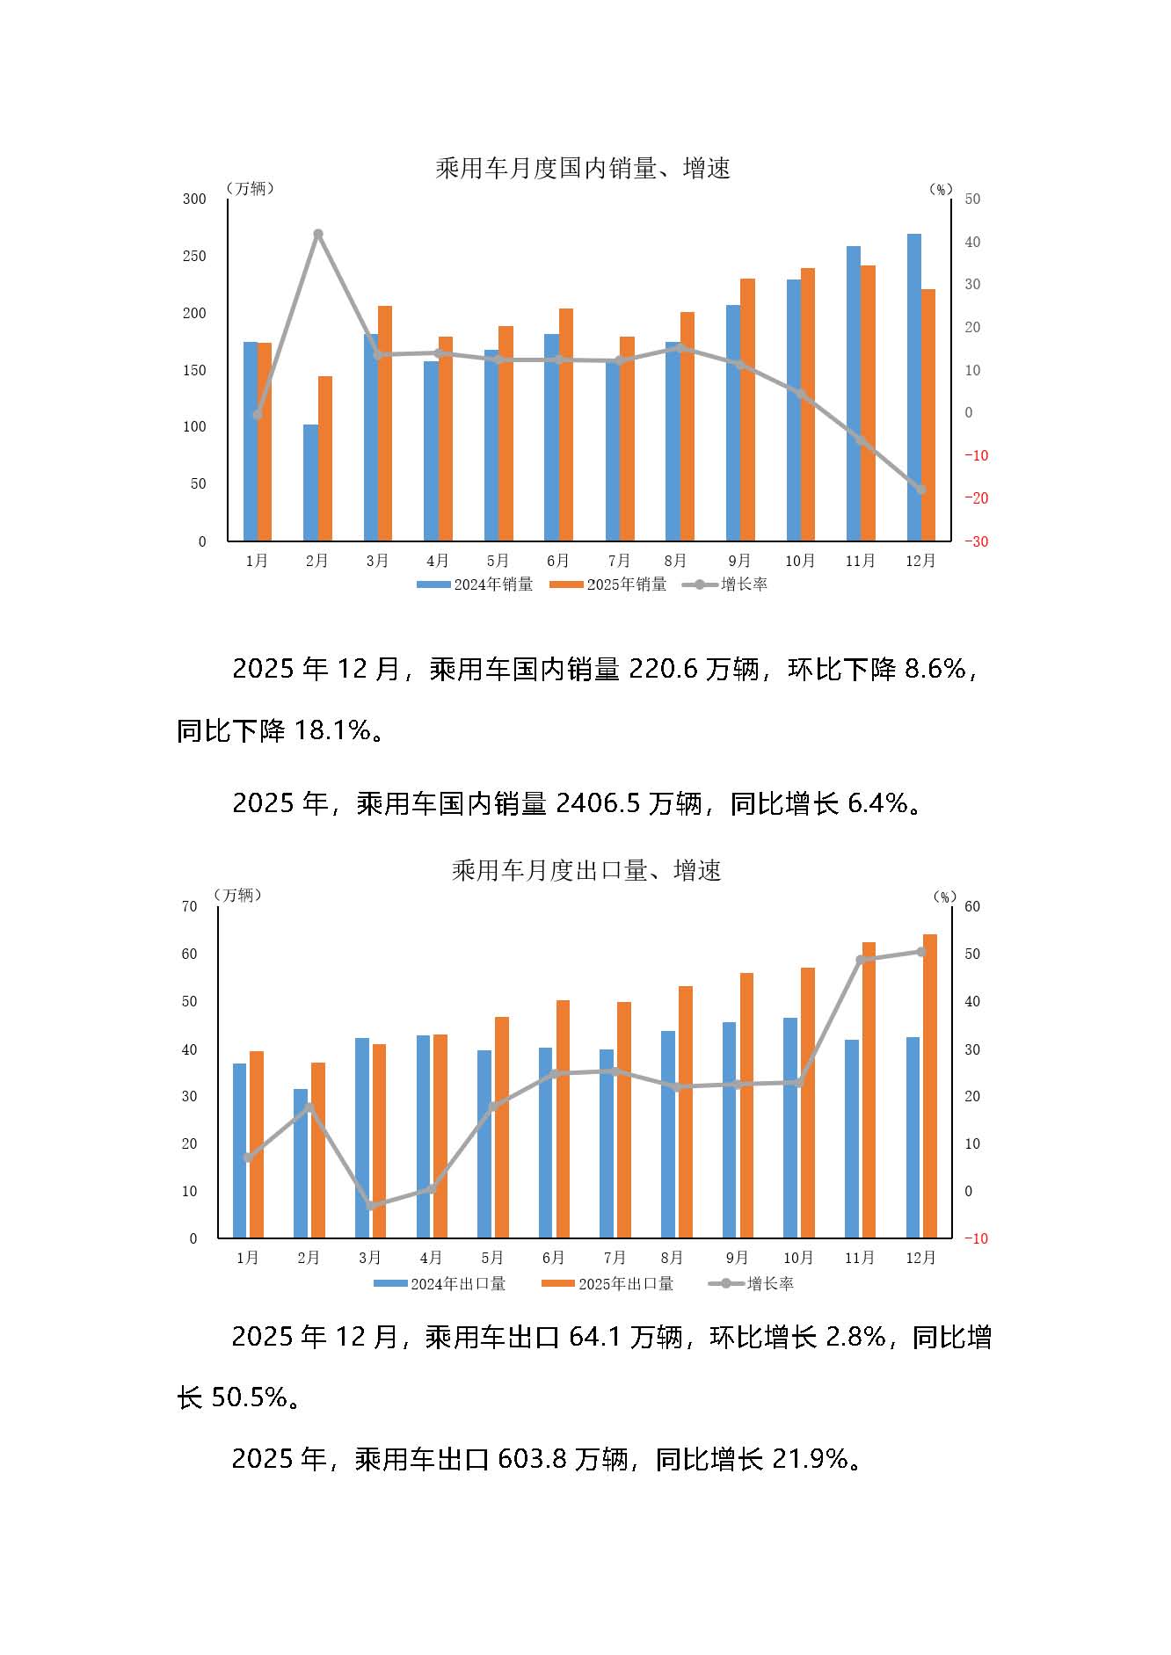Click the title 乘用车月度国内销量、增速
583,168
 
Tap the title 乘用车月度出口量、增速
586,870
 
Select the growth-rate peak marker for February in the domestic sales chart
318,235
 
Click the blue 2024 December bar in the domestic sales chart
914,387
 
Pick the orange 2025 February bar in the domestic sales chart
325,458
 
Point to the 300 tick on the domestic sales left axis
194,200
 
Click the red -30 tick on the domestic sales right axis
976,541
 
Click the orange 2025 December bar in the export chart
929,1085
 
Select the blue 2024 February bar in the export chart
301,1163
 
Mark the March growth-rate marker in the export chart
371,1206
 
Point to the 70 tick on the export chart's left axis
189,906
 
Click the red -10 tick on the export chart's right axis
976,1238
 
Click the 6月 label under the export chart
554,1258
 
